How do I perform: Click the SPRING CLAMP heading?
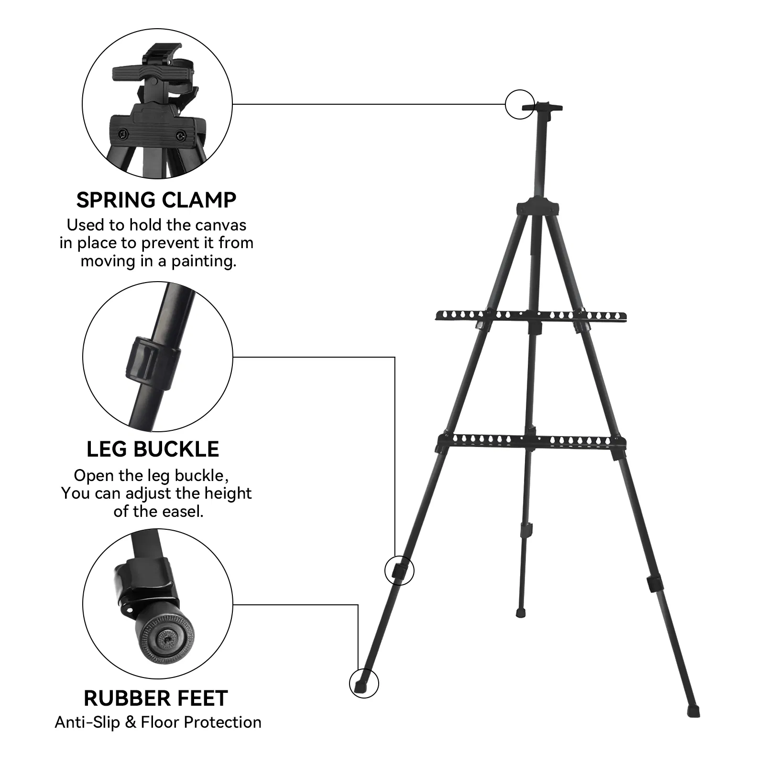(156, 200)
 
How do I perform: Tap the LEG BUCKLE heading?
(153, 449)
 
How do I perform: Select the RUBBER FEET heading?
(156, 698)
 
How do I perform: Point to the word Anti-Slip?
(87, 722)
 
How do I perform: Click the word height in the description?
(228, 493)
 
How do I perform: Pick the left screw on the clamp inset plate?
(123, 133)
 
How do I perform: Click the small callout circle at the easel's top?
(520, 104)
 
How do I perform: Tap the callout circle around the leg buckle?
(399, 570)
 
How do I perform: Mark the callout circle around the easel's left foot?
(364, 683)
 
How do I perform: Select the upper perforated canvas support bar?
(531, 317)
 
